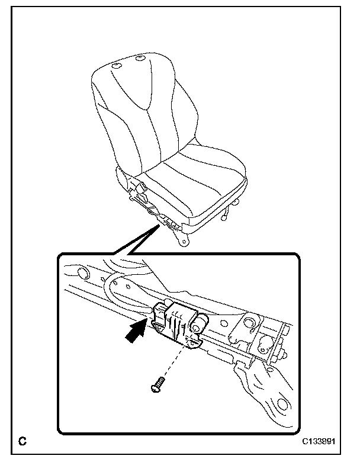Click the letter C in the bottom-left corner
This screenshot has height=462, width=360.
(22, 441)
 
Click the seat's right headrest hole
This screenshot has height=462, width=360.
(141, 58)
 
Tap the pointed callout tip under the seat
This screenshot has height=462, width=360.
(157, 226)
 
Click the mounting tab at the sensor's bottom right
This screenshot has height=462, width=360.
(194, 341)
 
